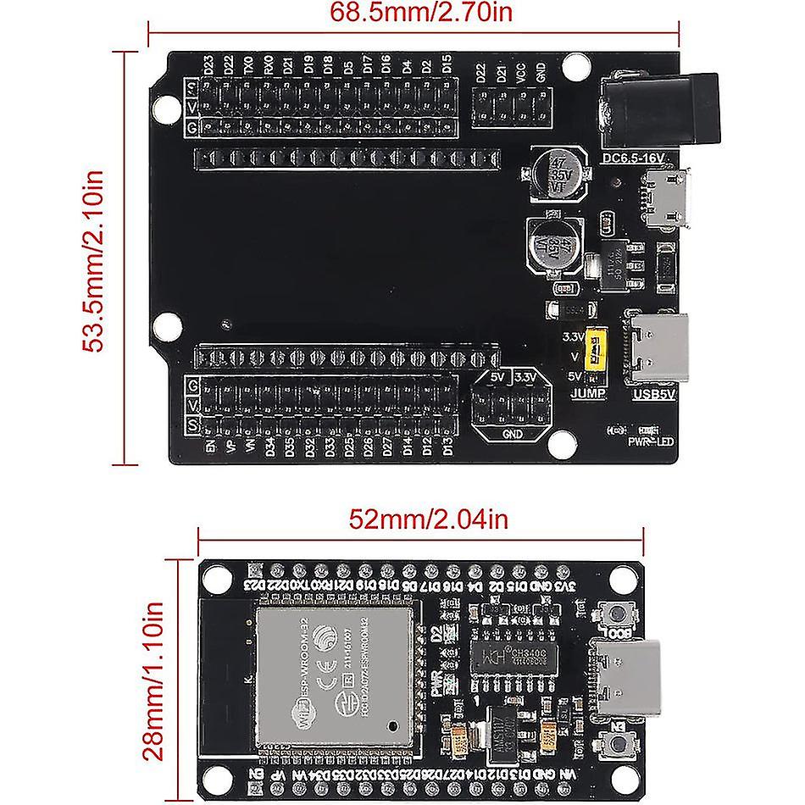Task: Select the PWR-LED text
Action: click(651, 441)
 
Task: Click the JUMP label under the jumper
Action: click(589, 394)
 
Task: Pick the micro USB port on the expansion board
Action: click(668, 197)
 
